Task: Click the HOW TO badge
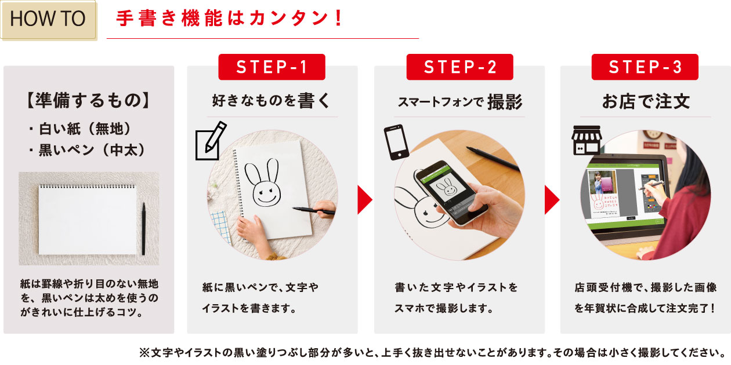48,20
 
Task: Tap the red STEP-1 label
272,67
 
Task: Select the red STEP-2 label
459,67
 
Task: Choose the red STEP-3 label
645,67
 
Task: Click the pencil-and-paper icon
211,141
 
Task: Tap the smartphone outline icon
396,142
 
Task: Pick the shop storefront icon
587,140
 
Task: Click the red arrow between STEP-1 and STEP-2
365,200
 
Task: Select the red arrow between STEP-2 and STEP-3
552,200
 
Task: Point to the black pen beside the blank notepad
143,228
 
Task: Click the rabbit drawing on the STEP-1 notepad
263,183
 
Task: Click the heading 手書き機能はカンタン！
229,18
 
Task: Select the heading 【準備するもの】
88,100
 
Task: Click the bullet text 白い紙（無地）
84,129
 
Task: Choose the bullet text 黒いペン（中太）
92,150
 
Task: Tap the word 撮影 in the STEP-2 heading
505,102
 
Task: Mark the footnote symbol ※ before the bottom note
144,353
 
